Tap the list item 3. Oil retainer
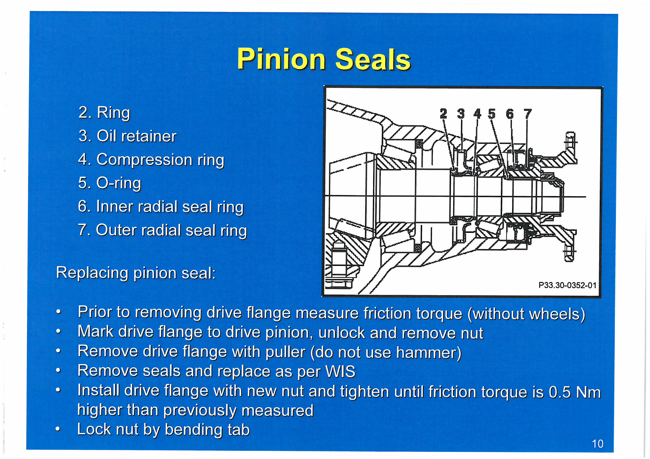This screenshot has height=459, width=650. click(127, 136)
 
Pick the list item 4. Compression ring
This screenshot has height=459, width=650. click(151, 160)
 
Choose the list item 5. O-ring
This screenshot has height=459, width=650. click(110, 183)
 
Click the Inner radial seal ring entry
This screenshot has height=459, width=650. click(160, 207)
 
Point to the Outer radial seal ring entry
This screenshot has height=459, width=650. click(162, 230)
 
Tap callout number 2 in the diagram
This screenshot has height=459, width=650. click(444, 114)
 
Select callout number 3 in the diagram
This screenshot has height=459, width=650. click(461, 114)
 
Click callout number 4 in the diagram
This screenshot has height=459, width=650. click(477, 114)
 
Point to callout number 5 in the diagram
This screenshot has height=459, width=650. click(492, 114)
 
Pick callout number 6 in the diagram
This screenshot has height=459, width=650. click(510, 114)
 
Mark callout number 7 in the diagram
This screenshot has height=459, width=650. click(527, 114)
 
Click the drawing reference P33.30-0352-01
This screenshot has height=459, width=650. click(567, 285)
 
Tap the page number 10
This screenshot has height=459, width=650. click(598, 444)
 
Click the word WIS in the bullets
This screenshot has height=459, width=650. click(341, 371)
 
